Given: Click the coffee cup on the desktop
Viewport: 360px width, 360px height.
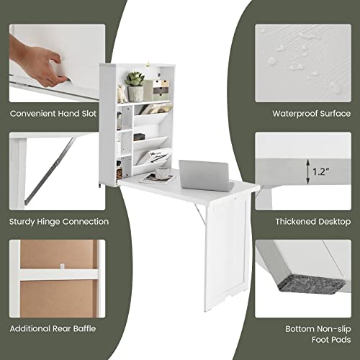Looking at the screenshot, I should [x=165, y=174].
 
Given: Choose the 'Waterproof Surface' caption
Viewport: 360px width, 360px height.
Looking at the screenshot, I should [x=310, y=113].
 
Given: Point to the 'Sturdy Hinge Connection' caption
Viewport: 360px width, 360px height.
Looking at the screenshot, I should [x=60, y=222].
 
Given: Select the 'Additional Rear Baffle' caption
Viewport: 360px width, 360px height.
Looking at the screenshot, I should [x=53, y=328].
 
